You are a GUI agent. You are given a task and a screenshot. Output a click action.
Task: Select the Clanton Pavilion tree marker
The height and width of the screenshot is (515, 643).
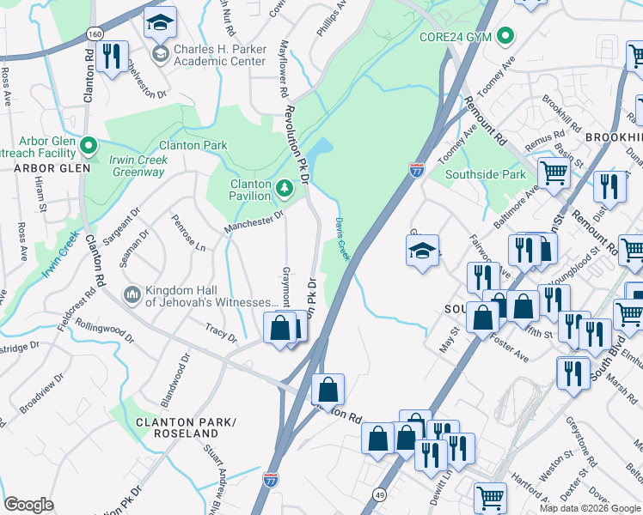285,186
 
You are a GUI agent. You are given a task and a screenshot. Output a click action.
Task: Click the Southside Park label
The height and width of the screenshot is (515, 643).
485,174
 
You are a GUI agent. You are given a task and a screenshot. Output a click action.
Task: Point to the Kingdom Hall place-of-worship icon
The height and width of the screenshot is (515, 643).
131,295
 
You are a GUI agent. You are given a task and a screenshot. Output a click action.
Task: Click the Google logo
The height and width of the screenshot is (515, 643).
29,505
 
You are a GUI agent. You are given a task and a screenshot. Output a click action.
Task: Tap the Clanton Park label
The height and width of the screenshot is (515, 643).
193,145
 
